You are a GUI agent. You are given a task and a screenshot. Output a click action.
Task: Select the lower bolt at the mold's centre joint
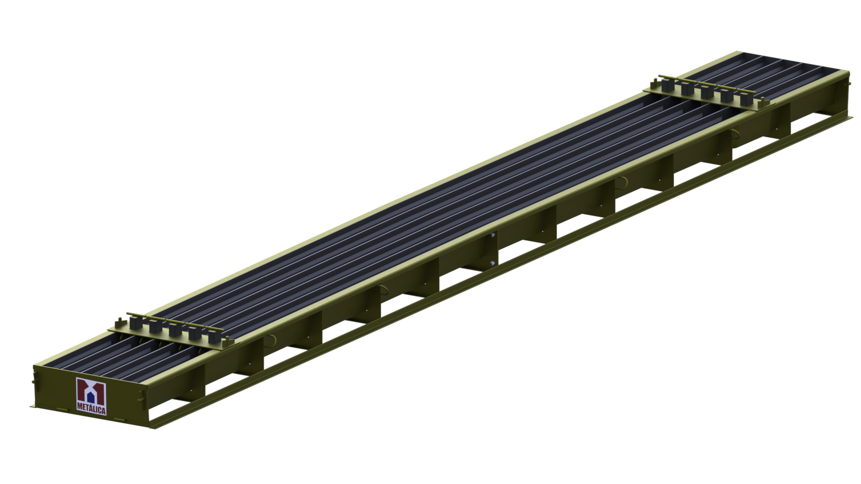492,263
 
